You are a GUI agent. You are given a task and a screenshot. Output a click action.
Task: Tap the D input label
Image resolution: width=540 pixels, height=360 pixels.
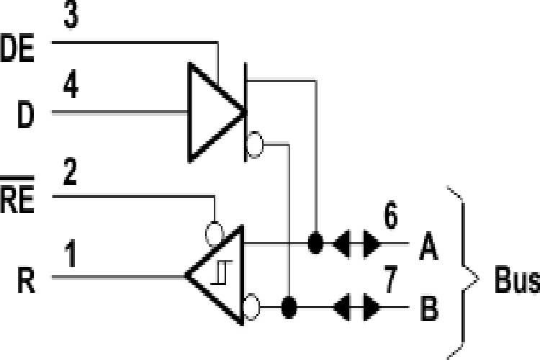pyautogui.click(x=25, y=115)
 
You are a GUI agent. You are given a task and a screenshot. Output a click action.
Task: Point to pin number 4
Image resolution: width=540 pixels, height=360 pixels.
pyautogui.click(x=71, y=87)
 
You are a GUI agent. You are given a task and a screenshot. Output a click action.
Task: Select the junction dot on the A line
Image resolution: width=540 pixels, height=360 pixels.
pyautogui.click(x=315, y=243)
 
